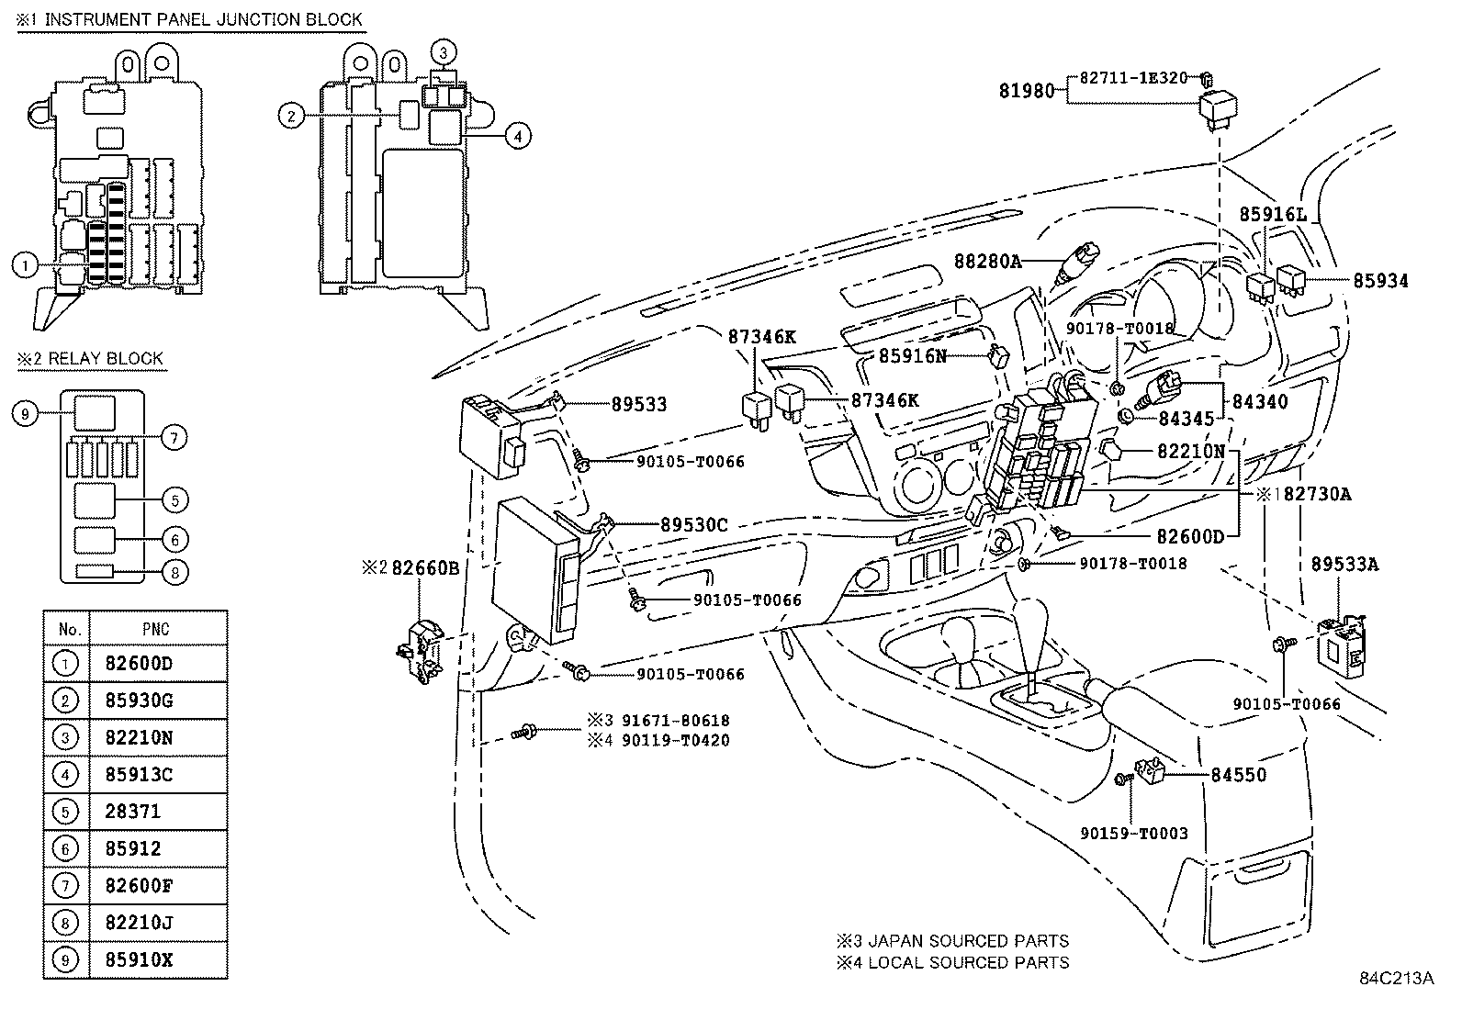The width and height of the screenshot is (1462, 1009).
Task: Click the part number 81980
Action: pos(1031,90)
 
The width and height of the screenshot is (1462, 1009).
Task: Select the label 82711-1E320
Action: pos(1133,78)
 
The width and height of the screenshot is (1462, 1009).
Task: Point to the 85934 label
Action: pos(1379,280)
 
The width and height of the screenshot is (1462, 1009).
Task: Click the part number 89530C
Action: pos(693,525)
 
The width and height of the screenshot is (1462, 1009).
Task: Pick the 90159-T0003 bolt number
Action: pos(1133,834)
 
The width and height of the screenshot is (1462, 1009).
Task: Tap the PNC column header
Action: pos(155,629)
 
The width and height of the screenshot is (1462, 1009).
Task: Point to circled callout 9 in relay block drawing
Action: pos(26,414)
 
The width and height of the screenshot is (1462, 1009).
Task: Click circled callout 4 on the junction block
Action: pos(518,137)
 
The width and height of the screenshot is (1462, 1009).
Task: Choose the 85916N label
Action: pos(912,355)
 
